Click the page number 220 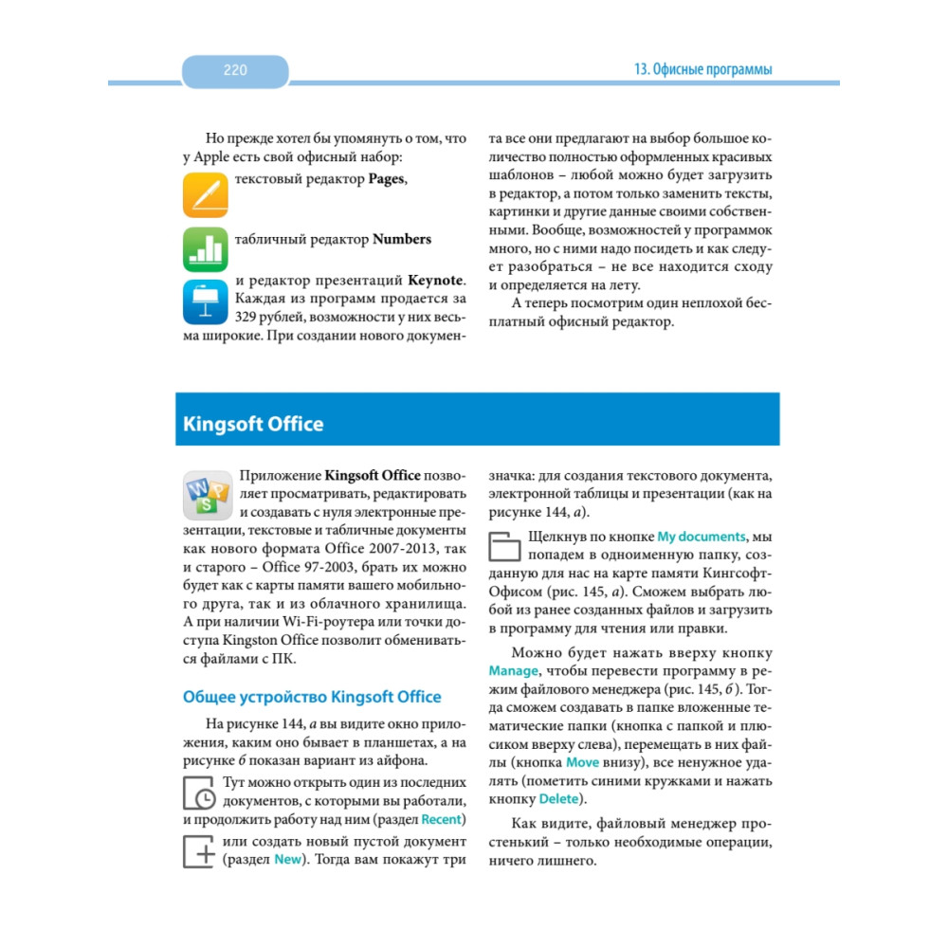(235, 70)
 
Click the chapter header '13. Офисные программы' (702, 70)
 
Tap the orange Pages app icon (206, 194)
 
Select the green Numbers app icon (206, 249)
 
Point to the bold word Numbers (402, 239)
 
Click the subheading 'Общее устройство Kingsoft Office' (311, 697)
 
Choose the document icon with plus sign (198, 850)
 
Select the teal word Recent (441, 819)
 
